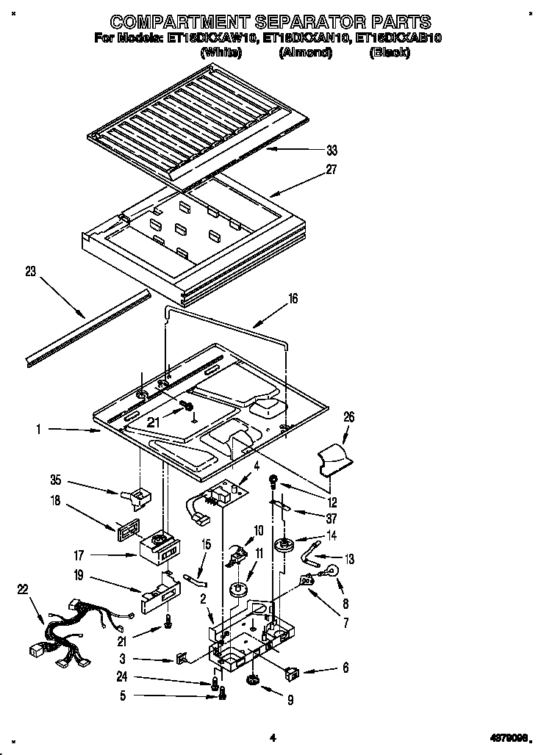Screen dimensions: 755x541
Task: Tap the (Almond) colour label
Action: (304, 52)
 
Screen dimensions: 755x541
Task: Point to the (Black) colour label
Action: (390, 52)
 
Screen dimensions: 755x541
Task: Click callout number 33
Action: (332, 151)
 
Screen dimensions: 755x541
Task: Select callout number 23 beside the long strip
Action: (30, 271)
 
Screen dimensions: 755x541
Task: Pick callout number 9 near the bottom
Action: (290, 701)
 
